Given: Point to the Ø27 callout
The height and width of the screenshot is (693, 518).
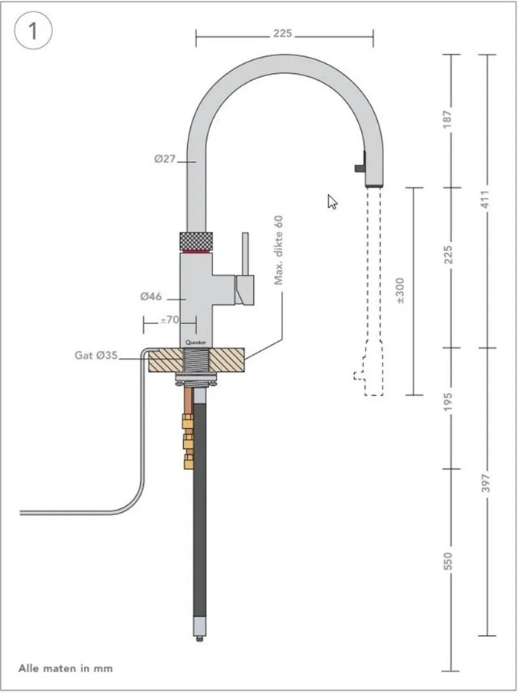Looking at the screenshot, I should point(165,159).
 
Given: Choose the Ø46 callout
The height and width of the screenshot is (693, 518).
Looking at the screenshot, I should point(152,296).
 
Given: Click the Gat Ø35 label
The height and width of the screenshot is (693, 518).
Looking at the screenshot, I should point(95,356).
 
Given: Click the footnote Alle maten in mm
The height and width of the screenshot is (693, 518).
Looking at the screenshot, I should point(65,668).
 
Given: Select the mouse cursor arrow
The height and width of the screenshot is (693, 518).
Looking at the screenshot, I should point(332,201).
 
